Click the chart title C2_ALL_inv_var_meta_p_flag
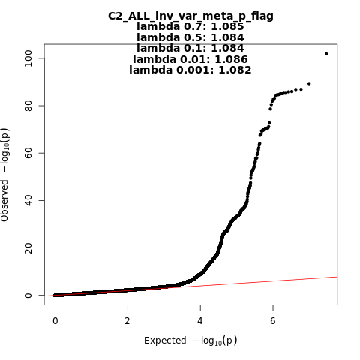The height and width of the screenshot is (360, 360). point(190,16)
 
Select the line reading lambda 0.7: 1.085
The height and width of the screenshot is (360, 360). point(190,26)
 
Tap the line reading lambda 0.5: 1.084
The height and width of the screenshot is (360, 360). point(190,37)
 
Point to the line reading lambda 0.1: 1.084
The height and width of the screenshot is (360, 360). point(190,48)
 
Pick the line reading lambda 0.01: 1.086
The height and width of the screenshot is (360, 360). point(190,59)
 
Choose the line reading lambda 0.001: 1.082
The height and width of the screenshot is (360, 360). point(190,70)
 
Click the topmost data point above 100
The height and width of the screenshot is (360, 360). point(326,54)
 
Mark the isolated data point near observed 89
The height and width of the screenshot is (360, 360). point(309,84)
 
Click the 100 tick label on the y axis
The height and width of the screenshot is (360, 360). point(28,58)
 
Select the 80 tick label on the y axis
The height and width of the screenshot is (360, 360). point(28,106)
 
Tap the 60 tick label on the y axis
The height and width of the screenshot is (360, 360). point(28,153)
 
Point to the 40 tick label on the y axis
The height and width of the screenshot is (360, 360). point(28,200)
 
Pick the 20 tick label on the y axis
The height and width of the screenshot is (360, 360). point(28,247)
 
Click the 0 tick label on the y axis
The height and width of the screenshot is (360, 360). point(28,295)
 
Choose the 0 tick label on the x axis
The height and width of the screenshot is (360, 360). point(55,321)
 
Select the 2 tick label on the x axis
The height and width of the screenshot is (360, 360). point(127,321)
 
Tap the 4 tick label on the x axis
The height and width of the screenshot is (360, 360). point(200,321)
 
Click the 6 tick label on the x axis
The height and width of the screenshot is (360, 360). point(273,321)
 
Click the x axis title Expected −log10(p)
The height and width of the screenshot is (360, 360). point(190,340)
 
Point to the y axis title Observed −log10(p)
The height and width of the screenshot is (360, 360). point(5,175)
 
